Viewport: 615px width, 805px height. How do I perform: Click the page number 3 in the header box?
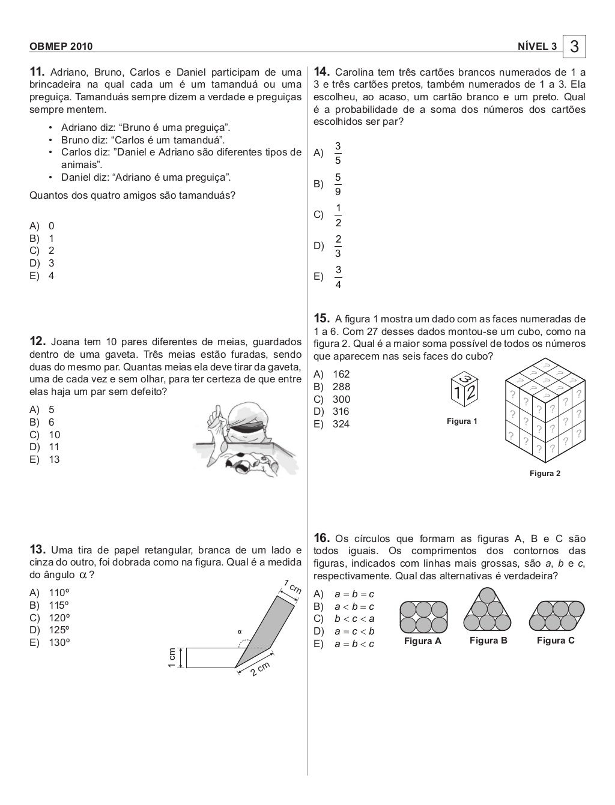(575, 46)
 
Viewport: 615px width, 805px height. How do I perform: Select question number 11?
(38, 73)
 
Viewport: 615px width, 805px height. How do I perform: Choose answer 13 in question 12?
(54, 460)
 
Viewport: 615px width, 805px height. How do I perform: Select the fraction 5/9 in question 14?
(338, 184)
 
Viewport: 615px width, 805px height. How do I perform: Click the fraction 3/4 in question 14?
(338, 277)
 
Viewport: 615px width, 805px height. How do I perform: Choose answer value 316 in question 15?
(341, 411)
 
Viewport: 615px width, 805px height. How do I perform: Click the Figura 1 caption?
(462, 421)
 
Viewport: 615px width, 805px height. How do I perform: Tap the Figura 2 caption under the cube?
(545, 474)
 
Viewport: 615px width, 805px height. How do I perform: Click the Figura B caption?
(488, 641)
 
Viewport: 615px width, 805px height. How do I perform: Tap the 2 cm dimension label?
(260, 671)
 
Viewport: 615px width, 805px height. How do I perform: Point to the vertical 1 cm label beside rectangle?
(172, 657)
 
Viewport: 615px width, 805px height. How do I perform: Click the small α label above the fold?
(238, 631)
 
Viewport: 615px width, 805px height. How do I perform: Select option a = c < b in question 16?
(354, 631)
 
